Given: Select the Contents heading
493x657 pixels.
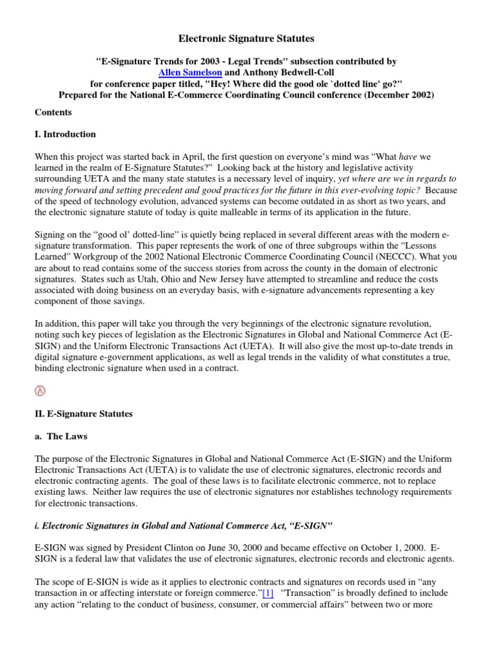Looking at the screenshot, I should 53,112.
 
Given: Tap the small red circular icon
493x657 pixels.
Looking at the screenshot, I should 40,391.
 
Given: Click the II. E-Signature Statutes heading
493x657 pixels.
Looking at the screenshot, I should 83,414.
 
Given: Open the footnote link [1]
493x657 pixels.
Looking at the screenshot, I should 267,593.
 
